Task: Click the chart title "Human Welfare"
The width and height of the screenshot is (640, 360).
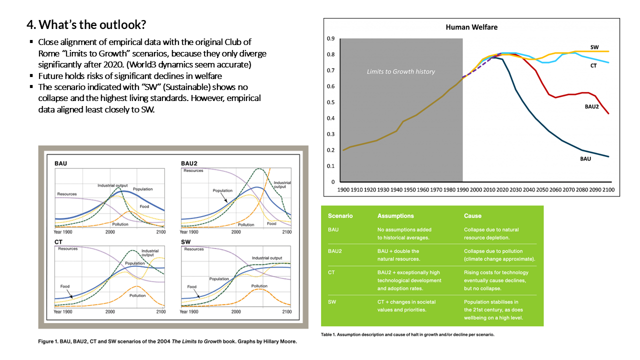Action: click(x=471, y=27)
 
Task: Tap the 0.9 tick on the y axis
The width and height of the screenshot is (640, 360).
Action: click(x=330, y=38)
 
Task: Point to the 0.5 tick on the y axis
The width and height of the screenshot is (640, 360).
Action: click(x=330, y=102)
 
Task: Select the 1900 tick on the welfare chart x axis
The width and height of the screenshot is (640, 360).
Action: click(x=344, y=190)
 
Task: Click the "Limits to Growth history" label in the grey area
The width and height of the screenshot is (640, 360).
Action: click(x=401, y=71)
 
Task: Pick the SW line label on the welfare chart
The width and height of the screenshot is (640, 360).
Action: click(x=594, y=47)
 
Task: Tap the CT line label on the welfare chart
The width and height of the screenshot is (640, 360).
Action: click(x=594, y=65)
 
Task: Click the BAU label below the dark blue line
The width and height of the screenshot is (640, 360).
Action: click(x=585, y=158)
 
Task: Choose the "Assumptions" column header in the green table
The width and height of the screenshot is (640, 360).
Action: click(x=395, y=216)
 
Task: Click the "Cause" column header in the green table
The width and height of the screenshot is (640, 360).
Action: click(x=472, y=216)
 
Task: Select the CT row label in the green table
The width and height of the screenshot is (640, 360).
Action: click(x=331, y=272)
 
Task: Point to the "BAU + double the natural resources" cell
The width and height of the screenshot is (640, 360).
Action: click(x=398, y=255)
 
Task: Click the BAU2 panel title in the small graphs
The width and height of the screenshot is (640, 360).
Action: click(x=189, y=163)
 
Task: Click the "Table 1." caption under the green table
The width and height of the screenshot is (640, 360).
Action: click(x=407, y=334)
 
